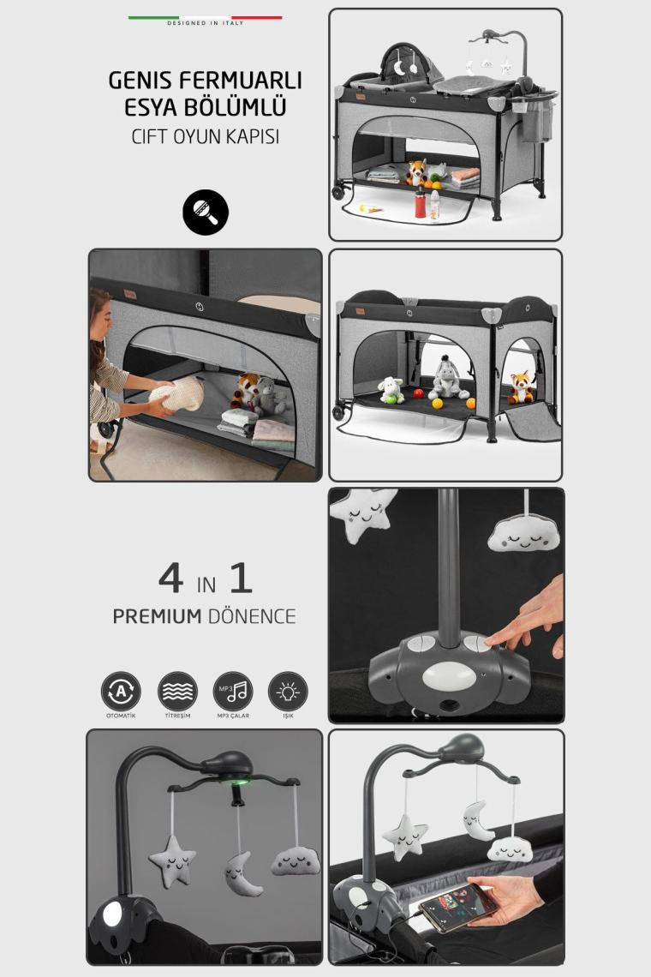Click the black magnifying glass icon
[x=206, y=212]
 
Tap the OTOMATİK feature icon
[x=121, y=691]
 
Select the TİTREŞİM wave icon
[x=177, y=691]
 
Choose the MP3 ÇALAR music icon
[x=233, y=691]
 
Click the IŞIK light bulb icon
[x=288, y=691]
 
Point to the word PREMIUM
[x=157, y=616]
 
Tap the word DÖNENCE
[x=252, y=616]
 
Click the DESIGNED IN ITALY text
[x=205, y=23]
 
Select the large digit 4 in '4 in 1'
[x=171, y=578]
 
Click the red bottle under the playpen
[x=421, y=202]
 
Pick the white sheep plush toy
[x=391, y=390]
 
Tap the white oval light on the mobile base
[x=440, y=675]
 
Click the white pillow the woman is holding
[x=178, y=393]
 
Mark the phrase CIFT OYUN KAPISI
[x=205, y=137]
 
